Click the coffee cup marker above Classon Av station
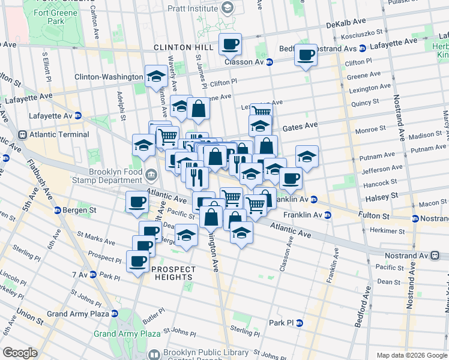pyautogui.click(x=230, y=43)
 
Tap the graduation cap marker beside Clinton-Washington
pyautogui.click(x=156, y=76)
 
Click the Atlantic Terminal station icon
pyautogui.click(x=23, y=134)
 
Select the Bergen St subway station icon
pyautogui.click(x=58, y=210)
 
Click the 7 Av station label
pyautogui.click(x=80, y=275)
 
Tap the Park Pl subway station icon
pyautogui.click(x=299, y=323)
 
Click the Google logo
pyautogui.click(x=20, y=353)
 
